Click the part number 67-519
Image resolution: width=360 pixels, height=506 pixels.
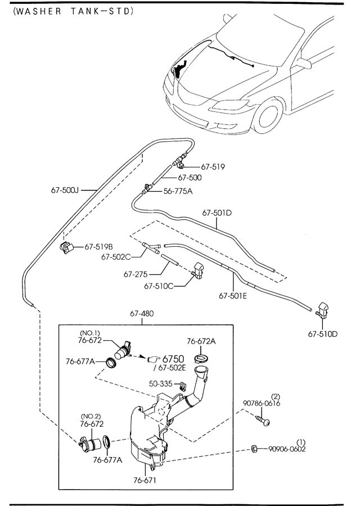(x=213, y=166)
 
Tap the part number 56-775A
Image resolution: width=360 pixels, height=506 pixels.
(x=178, y=191)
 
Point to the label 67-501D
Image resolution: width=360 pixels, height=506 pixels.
(x=217, y=213)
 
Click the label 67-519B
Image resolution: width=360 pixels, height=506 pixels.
(x=99, y=247)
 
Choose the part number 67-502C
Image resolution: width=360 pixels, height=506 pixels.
(x=116, y=257)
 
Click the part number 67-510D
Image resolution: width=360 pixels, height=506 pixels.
(x=322, y=334)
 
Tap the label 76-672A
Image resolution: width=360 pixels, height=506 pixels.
(x=201, y=341)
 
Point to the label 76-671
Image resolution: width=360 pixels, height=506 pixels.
(x=145, y=480)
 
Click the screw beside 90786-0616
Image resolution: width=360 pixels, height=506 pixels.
(x=263, y=419)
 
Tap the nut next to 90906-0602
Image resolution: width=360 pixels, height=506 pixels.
(x=254, y=448)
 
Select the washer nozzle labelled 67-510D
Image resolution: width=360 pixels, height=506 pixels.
(x=325, y=309)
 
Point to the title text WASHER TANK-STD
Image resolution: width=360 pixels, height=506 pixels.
(x=73, y=11)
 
